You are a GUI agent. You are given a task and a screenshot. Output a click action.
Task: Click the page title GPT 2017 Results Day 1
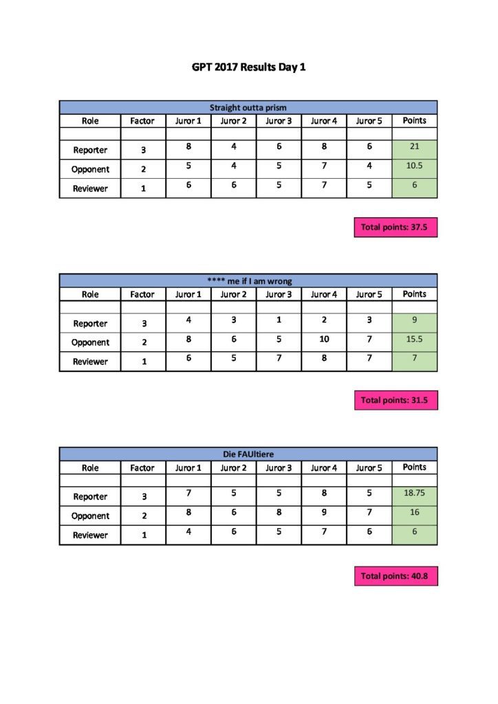[248, 68]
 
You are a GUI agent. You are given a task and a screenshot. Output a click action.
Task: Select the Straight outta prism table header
[248, 107]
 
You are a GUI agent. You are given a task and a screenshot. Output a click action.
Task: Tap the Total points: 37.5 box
[396, 227]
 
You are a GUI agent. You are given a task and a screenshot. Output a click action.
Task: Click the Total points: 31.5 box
[396, 400]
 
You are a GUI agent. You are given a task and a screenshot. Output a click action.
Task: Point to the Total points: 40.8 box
[396, 576]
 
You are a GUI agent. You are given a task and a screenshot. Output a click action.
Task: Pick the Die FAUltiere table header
[248, 454]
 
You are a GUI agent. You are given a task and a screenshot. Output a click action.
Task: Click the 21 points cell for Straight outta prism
[414, 148]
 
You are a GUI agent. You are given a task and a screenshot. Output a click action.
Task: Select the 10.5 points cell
[414, 167]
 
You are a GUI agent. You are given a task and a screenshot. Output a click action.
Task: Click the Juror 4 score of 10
[323, 339]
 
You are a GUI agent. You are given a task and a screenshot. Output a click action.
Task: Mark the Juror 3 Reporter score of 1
[279, 320]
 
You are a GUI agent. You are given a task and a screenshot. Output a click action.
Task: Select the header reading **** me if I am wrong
[248, 280]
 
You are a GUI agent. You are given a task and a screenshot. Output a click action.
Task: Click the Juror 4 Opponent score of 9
[323, 512]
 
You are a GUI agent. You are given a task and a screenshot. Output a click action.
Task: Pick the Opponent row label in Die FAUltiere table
[90, 516]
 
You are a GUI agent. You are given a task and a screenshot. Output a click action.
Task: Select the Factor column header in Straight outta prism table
[142, 121]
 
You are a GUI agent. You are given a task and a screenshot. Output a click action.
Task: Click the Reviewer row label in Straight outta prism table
[90, 188]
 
